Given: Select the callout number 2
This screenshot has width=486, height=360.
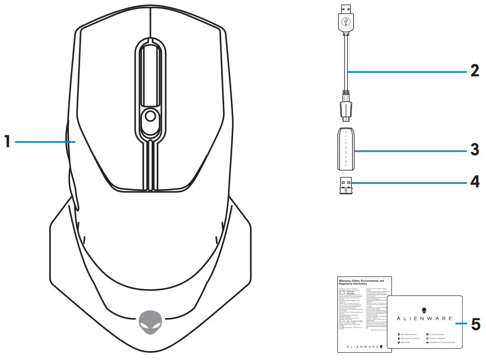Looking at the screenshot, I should [x=474, y=71].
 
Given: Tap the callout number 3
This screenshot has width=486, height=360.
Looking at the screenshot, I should [x=474, y=149].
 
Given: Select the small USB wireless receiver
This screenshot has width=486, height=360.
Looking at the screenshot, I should [x=346, y=184].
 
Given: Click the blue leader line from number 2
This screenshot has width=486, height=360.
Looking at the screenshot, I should [x=407, y=71].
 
